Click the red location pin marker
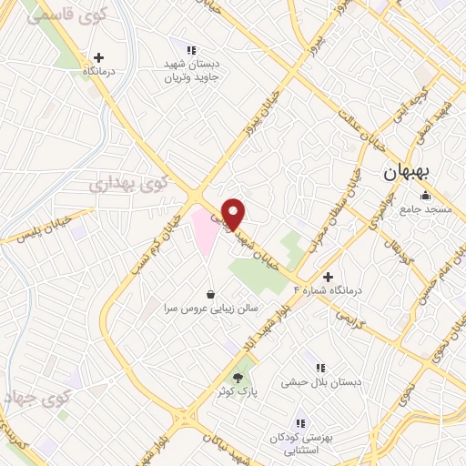[234, 213]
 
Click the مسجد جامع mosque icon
[424, 195]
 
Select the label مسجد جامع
[422, 210]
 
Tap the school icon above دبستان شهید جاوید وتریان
[191, 50]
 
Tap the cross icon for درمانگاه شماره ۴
[328, 276]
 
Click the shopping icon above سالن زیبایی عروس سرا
[211, 293]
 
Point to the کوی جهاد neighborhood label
[37, 398]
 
